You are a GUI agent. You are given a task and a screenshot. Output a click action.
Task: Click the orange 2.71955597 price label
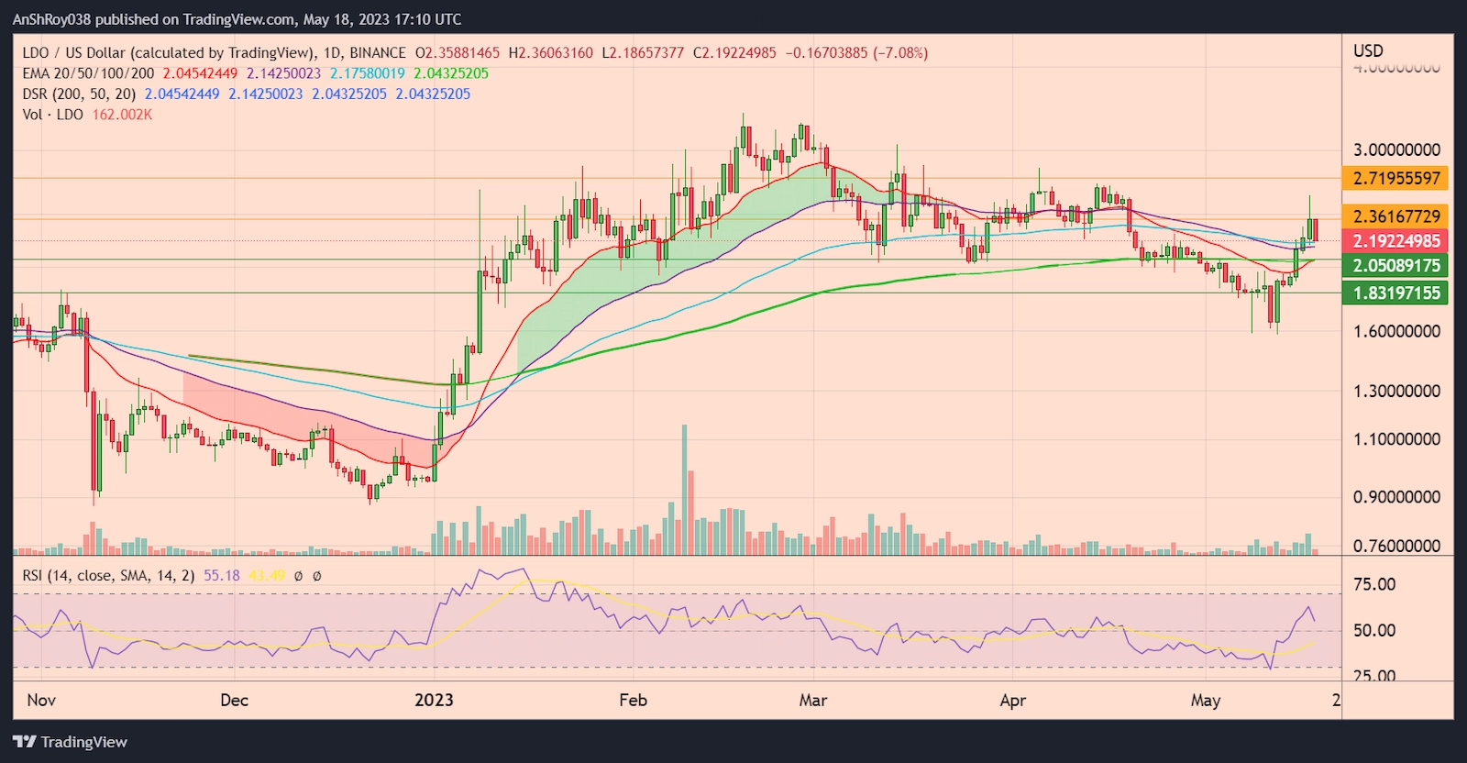pyautogui.click(x=1396, y=178)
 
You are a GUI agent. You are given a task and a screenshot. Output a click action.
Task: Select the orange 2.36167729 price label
pyautogui.click(x=1396, y=216)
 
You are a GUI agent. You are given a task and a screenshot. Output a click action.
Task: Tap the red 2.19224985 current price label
pyautogui.click(x=1396, y=241)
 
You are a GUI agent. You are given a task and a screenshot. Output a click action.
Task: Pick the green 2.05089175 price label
pyautogui.click(x=1396, y=266)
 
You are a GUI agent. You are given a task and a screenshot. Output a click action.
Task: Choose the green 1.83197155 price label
pyautogui.click(x=1396, y=293)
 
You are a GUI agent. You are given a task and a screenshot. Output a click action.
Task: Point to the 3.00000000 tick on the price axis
pyautogui.click(x=1396, y=150)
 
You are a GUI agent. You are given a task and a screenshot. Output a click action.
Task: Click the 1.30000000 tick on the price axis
pyautogui.click(x=1396, y=392)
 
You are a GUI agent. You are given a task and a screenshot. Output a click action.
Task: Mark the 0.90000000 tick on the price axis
pyautogui.click(x=1396, y=497)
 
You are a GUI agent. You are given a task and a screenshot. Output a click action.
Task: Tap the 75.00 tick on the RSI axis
pyautogui.click(x=1374, y=585)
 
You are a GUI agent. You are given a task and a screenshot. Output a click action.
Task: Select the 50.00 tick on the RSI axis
pyautogui.click(x=1374, y=631)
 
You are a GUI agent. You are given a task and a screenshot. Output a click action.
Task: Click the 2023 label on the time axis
pyautogui.click(x=434, y=701)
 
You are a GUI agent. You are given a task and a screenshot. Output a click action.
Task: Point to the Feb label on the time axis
pyautogui.click(x=633, y=701)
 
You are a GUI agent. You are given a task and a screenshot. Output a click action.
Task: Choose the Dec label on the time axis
pyautogui.click(x=235, y=701)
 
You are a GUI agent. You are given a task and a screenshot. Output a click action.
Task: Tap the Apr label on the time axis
pyautogui.click(x=1012, y=701)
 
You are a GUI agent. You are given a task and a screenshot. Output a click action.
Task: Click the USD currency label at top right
pyautogui.click(x=1368, y=51)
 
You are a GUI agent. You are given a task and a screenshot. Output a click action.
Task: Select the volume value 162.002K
pyautogui.click(x=122, y=115)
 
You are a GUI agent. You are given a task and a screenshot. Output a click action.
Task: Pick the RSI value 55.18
pyautogui.click(x=222, y=576)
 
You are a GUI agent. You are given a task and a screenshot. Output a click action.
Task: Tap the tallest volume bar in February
pyautogui.click(x=684, y=490)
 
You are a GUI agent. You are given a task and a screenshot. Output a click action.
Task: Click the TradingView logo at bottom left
pyautogui.click(x=71, y=742)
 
